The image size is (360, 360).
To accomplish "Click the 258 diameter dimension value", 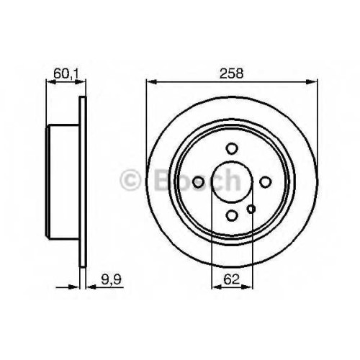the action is [x=231, y=73].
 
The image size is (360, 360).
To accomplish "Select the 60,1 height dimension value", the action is [x=66, y=73].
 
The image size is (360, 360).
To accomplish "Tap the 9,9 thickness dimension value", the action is [x=112, y=280].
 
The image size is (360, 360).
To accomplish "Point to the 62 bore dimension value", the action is [x=232, y=279].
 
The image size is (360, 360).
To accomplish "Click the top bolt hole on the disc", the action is [x=232, y=148].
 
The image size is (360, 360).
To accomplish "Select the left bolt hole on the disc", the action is [x=198, y=182].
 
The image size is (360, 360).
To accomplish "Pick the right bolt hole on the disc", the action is [x=265, y=182].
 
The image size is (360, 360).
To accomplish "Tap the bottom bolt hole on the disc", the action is [x=232, y=215].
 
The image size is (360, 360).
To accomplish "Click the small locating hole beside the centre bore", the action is [x=251, y=209].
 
